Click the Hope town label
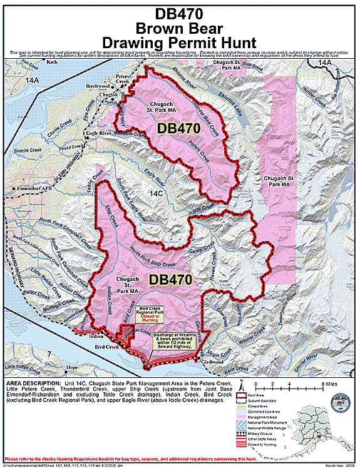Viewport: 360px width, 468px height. coord(72,367)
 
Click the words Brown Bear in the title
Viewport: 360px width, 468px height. coord(180,26)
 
